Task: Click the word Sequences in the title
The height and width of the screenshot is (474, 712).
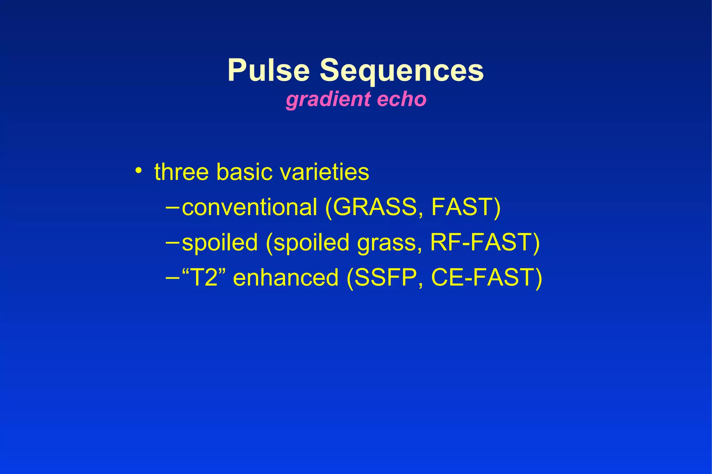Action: click(402, 70)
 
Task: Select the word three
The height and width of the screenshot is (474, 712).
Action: click(181, 172)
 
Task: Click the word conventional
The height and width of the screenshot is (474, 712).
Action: click(250, 207)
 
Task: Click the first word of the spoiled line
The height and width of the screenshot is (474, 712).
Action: click(220, 243)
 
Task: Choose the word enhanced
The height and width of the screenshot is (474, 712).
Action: click(285, 278)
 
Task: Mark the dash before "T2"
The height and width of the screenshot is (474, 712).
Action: click(172, 278)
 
